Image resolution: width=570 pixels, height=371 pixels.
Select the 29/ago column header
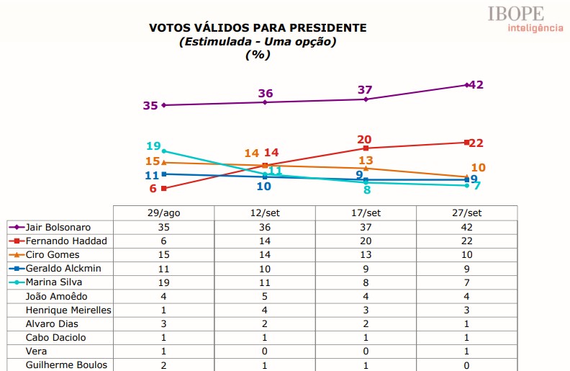click(x=164, y=213)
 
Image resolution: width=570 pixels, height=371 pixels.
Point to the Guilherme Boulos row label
click(x=65, y=365)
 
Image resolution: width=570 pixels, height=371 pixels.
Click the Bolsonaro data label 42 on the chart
click(x=476, y=84)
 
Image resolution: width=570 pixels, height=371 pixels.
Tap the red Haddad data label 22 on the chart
click(x=476, y=143)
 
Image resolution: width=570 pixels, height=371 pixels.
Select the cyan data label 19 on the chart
click(x=153, y=146)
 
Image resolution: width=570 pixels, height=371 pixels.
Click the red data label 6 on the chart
click(x=153, y=189)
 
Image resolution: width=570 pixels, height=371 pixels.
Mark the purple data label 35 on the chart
click(x=150, y=106)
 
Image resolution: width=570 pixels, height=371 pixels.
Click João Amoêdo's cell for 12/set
click(x=265, y=295)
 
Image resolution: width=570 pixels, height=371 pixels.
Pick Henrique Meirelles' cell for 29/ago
click(x=164, y=309)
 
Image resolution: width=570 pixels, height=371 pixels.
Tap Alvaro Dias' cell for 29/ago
click(x=164, y=323)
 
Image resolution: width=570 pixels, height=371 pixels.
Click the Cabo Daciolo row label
click(x=56, y=337)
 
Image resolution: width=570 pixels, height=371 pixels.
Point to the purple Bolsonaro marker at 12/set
click(x=265, y=102)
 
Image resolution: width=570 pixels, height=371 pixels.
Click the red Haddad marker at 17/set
click(x=366, y=148)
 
